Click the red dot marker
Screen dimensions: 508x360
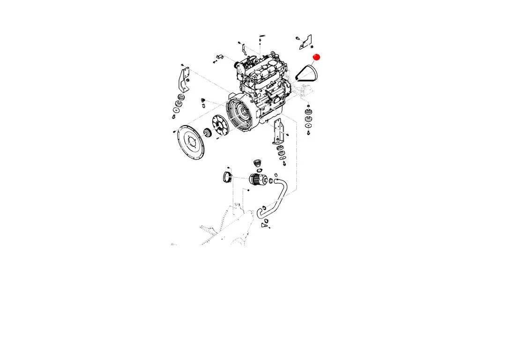[x=316, y=57]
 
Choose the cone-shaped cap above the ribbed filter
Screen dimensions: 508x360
[x=256, y=163]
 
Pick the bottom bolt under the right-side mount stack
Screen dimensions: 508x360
[x=309, y=134]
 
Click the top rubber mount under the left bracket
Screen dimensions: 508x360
[x=178, y=97]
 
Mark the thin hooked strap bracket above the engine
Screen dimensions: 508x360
[x=245, y=48]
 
